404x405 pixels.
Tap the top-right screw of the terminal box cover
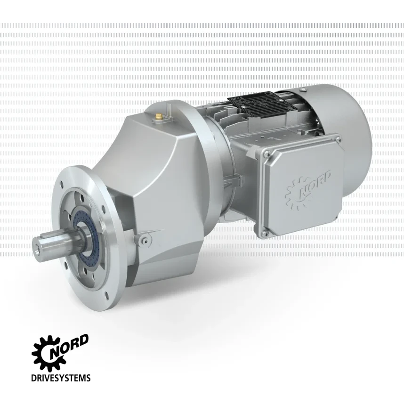338,139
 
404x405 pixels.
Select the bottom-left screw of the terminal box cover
264,234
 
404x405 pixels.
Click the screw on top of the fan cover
303,89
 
